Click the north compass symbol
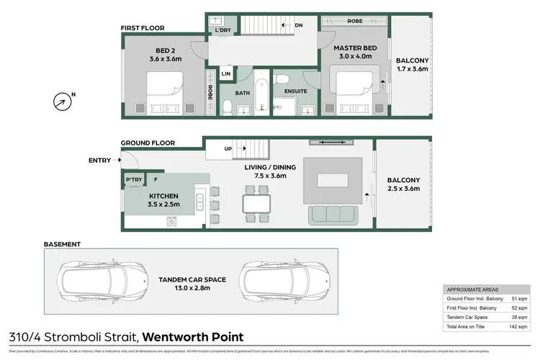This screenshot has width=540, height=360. coord(63,102)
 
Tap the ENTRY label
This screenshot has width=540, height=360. coord(100,160)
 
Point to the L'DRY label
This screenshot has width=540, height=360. coord(222,31)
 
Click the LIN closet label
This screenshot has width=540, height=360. coord(226,74)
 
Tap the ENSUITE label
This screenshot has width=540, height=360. coord(296,91)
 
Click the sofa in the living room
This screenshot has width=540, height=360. coord(333,215)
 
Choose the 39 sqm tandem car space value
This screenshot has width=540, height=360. coord(516,315)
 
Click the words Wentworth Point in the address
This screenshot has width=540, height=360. coord(192,337)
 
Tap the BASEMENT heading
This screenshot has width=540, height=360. coord(62,244)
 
